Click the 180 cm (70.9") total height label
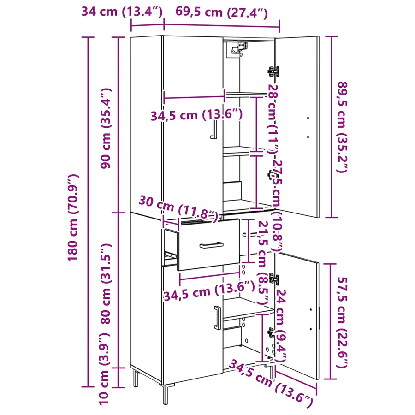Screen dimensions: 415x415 pos(73,218)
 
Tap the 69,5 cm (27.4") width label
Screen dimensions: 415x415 pos(221,12)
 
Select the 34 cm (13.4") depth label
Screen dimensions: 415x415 pos(122,12)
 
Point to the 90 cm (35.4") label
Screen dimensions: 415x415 pos(106,128)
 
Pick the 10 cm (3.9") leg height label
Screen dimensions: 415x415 pos(104,369)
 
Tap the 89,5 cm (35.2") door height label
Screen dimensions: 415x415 pos(342,127)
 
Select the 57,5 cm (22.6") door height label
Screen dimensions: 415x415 pos(342,322)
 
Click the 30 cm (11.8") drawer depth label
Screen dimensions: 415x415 pos(178,208)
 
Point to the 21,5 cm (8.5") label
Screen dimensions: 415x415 pos(263,262)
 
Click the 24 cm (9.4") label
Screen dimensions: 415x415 pos(280,326)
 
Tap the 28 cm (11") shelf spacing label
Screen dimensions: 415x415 pos(273,119)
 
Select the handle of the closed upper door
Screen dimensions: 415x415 pos(213,129)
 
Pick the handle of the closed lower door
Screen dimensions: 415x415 pos(217,318)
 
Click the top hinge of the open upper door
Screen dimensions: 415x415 pos(273,71)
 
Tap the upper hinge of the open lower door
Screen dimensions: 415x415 pos(273,279)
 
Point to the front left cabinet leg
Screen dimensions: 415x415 pos(166,394)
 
